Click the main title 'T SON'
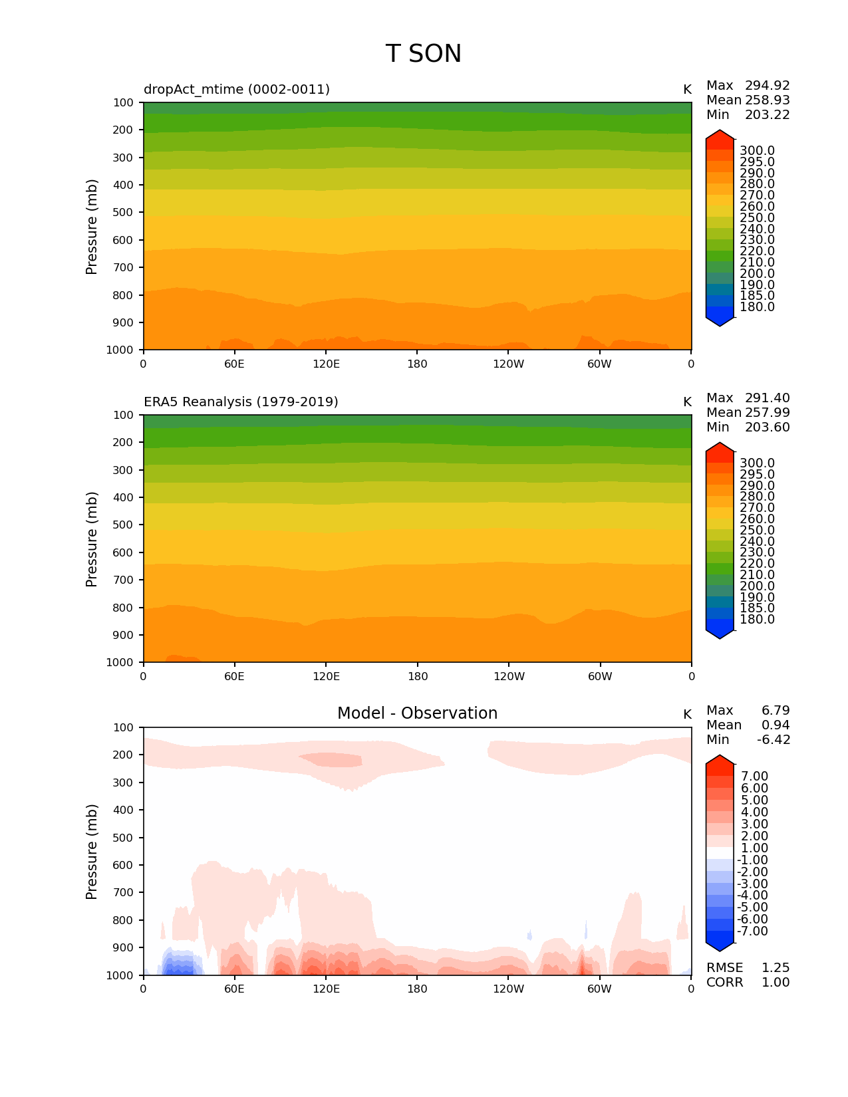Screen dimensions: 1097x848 click(423, 54)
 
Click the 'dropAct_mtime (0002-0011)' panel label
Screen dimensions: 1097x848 click(237, 89)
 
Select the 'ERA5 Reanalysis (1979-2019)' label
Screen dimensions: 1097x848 click(241, 402)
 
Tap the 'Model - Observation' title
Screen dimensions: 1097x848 click(417, 713)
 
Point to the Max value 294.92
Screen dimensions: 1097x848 click(767, 86)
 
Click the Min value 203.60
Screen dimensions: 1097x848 click(767, 427)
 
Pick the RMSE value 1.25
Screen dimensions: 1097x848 click(775, 968)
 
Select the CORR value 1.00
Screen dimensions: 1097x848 click(775, 983)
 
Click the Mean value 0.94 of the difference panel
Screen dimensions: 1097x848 click(775, 725)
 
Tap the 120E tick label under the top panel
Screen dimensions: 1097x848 click(326, 364)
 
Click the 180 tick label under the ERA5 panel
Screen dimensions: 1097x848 click(417, 677)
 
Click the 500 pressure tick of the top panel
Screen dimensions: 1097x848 click(123, 213)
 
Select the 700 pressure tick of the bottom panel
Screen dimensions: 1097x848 click(123, 893)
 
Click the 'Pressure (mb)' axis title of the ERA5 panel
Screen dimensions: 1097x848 click(92, 539)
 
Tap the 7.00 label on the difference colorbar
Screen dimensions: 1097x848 click(754, 777)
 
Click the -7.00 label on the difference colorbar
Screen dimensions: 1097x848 click(752, 931)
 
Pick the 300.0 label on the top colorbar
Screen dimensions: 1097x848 click(757, 151)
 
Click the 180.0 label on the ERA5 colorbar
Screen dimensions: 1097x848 click(757, 620)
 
